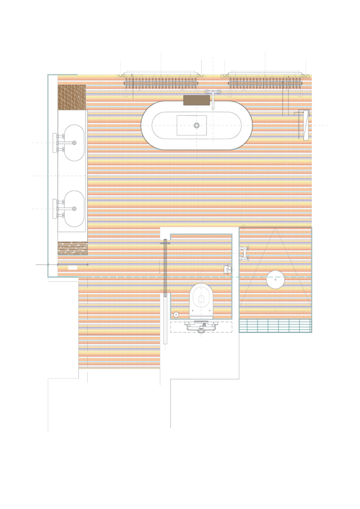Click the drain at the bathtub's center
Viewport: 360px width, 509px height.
pyautogui.click(x=196, y=125)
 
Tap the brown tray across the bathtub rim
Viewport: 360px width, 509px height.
pyautogui.click(x=196, y=100)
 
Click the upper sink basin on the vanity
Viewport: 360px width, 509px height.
pyautogui.click(x=73, y=143)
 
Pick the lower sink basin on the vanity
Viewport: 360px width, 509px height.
pyautogui.click(x=73, y=209)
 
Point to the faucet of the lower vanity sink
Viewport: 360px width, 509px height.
pyautogui.click(x=58, y=209)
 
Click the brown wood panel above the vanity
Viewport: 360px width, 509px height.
pyautogui.click(x=72, y=97)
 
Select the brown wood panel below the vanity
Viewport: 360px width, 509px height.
pyautogui.click(x=72, y=247)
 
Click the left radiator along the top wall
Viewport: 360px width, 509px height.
pyautogui.click(x=161, y=83)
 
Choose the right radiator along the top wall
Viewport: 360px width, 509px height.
pyautogui.click(x=265, y=83)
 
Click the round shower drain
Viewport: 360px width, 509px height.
pyautogui.click(x=275, y=279)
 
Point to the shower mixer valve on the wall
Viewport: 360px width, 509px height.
pyautogui.click(x=244, y=253)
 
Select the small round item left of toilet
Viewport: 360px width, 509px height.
pyautogui.click(x=176, y=314)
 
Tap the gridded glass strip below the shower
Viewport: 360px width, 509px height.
pyautogui.click(x=276, y=326)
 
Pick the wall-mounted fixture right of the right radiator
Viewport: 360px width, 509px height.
pyautogui.click(x=304, y=125)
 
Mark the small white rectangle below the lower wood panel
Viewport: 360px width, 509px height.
pyautogui.click(x=73, y=268)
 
